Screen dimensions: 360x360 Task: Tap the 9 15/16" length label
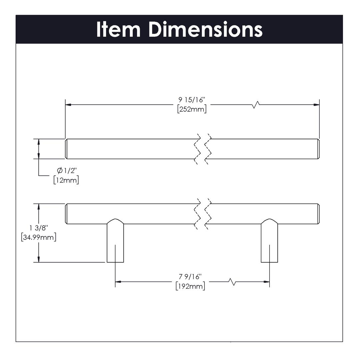pos(192,100)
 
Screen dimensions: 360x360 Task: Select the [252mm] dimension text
pos(192,109)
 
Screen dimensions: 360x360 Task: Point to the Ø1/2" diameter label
pos(67,171)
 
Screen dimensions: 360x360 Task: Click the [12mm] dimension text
pos(66,180)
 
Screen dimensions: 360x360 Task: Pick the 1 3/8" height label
pos(39,228)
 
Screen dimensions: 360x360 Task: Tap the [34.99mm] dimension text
pos(38,237)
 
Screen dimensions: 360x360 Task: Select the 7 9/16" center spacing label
pos(190,277)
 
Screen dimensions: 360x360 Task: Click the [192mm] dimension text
pos(190,286)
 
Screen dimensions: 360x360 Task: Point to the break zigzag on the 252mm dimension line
pos(256,105)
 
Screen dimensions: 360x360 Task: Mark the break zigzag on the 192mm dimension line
pos(232,282)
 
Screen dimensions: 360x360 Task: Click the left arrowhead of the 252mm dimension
pos(68,105)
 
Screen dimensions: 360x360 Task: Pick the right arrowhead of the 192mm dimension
pos(266,282)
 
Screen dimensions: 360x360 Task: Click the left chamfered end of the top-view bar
pos(66,149)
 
